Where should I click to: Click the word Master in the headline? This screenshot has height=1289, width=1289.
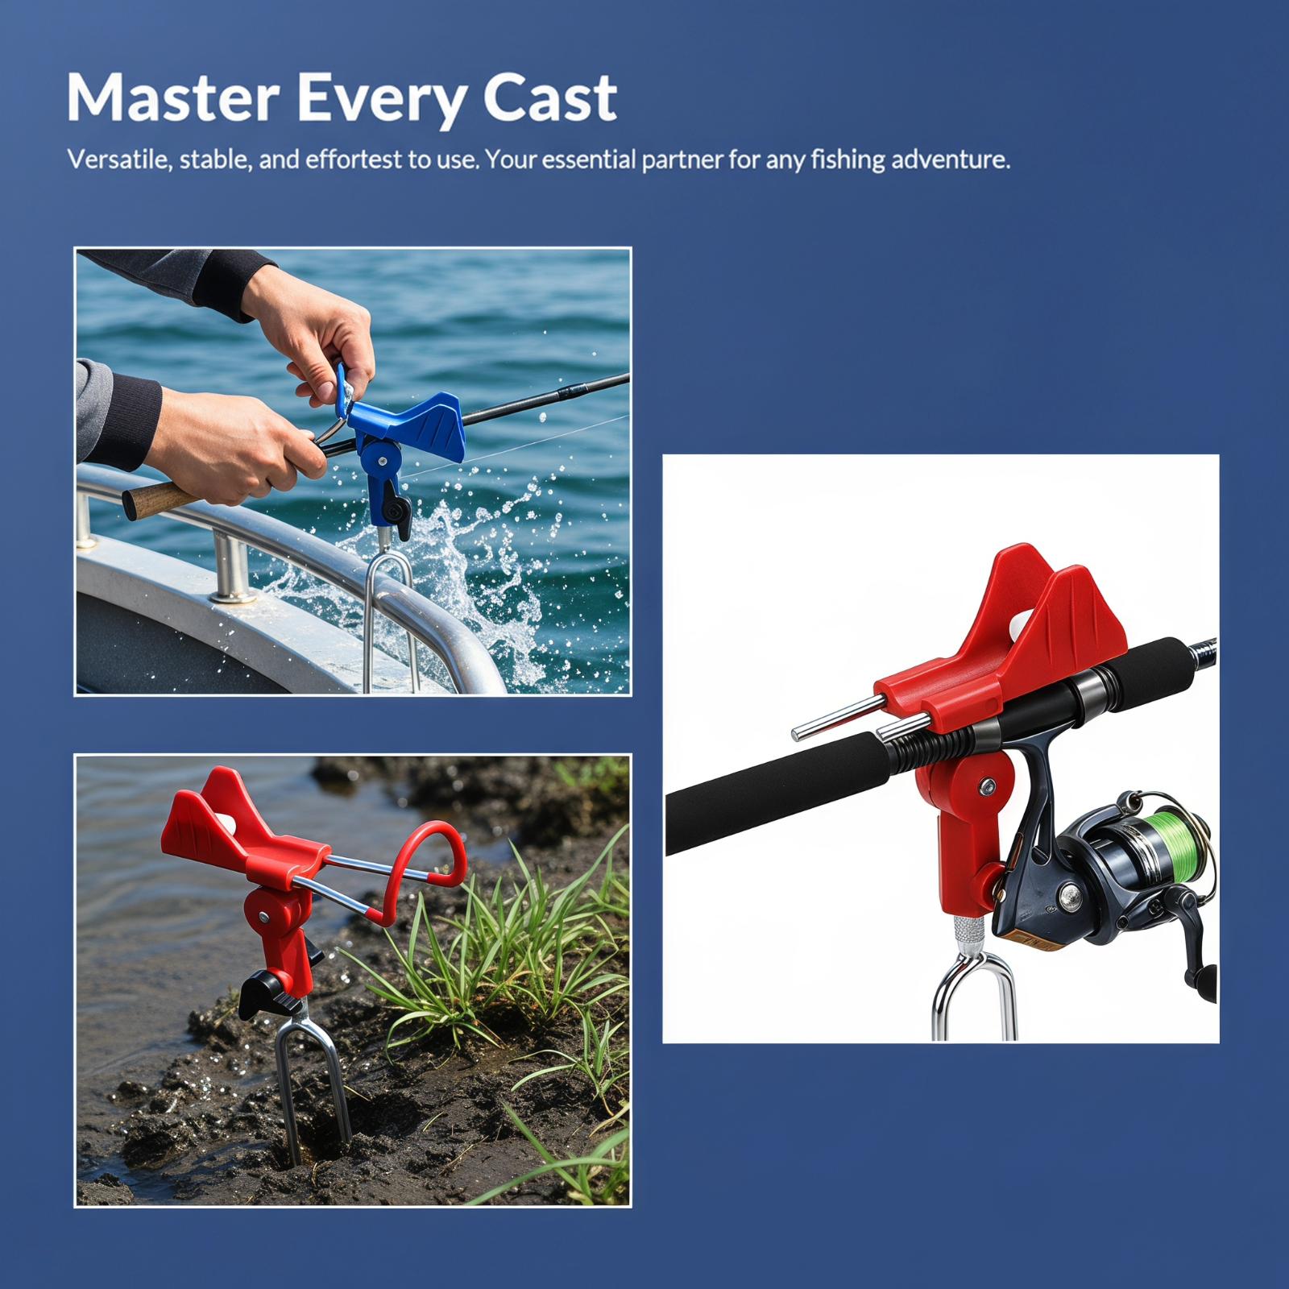pyautogui.click(x=172, y=98)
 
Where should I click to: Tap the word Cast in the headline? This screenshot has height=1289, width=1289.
pyautogui.click(x=550, y=98)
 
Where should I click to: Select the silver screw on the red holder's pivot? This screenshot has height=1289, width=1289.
pyautogui.click(x=986, y=785)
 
